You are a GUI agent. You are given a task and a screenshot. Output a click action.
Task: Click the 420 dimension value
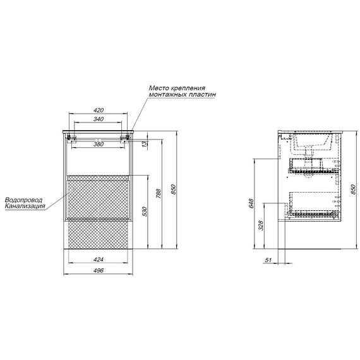click(99, 110)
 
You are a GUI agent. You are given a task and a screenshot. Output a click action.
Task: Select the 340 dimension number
click(99, 119)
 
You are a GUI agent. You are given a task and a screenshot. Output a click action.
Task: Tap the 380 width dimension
click(99, 144)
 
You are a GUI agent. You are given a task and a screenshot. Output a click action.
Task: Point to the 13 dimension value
click(145, 144)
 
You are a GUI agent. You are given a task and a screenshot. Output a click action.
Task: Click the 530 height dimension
click(145, 212)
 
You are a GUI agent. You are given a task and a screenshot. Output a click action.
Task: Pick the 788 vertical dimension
click(159, 194)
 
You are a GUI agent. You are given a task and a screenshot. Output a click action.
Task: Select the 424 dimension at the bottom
click(99, 260)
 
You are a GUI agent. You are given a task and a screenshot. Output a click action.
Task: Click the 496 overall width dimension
click(99, 270)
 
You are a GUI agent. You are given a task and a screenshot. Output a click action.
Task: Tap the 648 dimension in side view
click(251, 203)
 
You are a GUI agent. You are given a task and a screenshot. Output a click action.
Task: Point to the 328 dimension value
click(261, 225)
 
